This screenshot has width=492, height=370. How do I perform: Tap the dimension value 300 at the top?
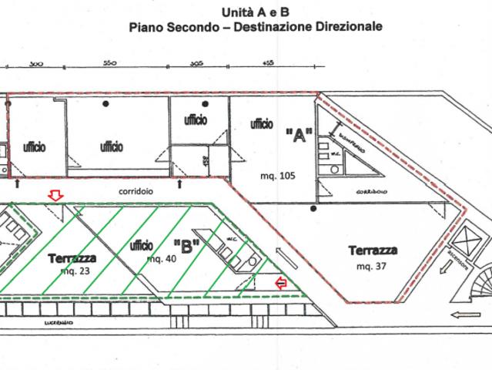[35, 65]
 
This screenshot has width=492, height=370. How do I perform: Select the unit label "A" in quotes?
[297, 136]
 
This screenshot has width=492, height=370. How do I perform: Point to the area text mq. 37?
[373, 266]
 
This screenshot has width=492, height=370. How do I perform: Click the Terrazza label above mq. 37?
[373, 251]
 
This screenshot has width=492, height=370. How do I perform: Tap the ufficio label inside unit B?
[141, 245]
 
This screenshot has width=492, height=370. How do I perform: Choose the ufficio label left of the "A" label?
[263, 123]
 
